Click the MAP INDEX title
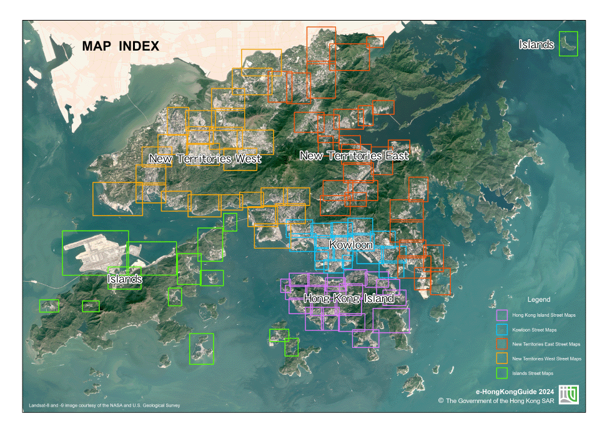point(121,46)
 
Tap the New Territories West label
point(204,159)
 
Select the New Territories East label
point(354,156)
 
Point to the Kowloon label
point(351,244)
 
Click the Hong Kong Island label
point(348,299)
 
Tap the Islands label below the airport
point(124,279)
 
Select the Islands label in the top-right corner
point(536,44)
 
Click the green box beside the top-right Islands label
point(568,44)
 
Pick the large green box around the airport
point(96,253)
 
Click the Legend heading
point(538,300)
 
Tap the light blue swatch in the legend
point(501,330)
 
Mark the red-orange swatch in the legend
point(501,344)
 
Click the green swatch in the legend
point(501,373)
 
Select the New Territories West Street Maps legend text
point(546,359)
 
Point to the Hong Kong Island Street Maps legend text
point(544,315)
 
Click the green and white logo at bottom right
point(568,395)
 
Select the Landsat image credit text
point(104,405)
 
